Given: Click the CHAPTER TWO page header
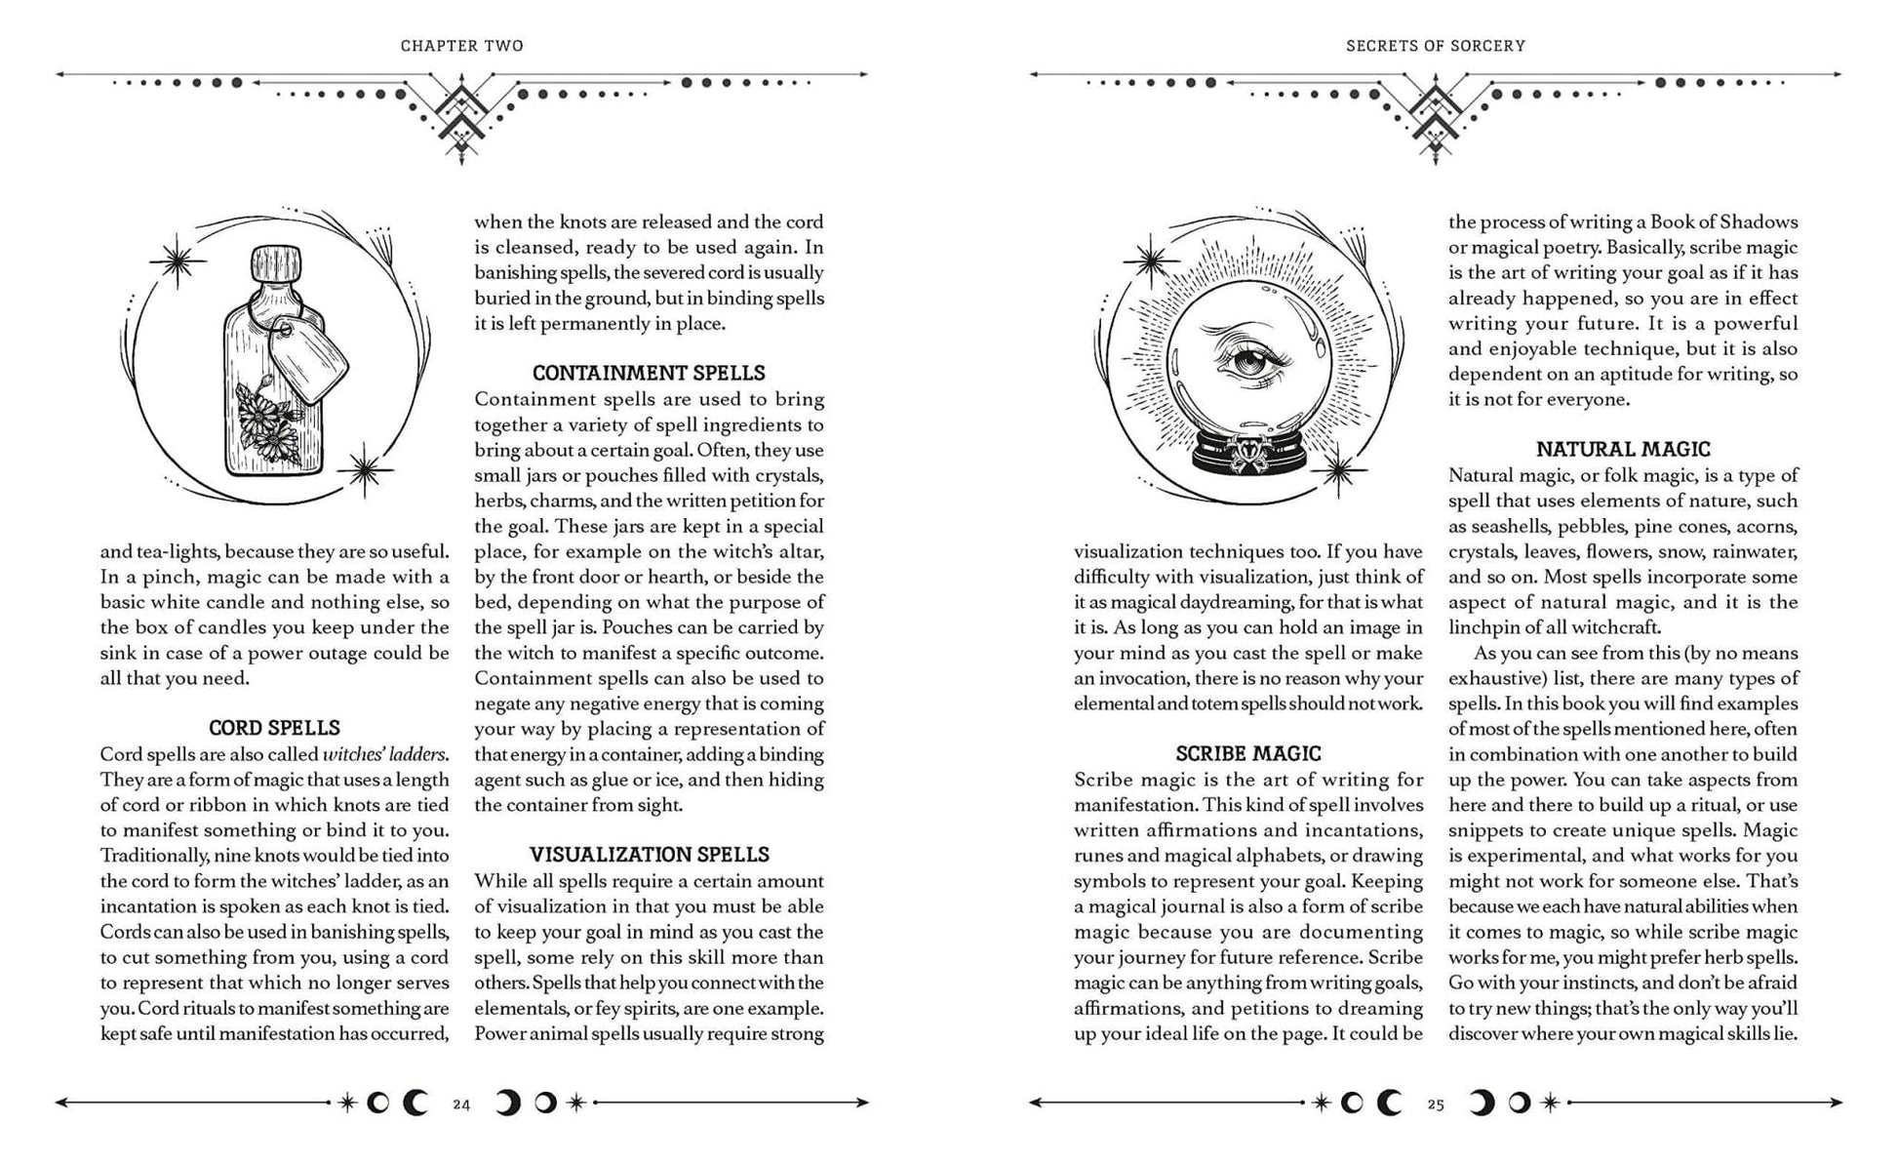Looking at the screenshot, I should [x=461, y=46].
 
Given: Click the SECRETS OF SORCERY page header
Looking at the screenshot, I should [x=1435, y=46].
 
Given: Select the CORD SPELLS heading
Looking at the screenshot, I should [x=274, y=728].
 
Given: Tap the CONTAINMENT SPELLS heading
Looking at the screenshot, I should [x=649, y=373].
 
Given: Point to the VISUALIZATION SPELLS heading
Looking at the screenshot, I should [x=649, y=855].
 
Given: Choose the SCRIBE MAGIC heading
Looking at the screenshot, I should [x=1247, y=753].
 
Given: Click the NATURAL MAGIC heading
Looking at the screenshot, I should [x=1623, y=449].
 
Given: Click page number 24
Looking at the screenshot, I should [x=461, y=1105].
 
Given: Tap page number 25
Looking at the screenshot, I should [x=1435, y=1105].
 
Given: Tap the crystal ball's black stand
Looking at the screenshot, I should [x=1248, y=455].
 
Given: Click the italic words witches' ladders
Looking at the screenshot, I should [x=384, y=754].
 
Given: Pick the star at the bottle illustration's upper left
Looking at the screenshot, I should [x=178, y=261].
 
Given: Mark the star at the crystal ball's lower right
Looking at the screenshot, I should [x=1337, y=472].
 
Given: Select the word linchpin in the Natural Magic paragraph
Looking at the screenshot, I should [x=1481, y=627].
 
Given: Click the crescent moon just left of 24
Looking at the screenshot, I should [x=415, y=1104].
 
